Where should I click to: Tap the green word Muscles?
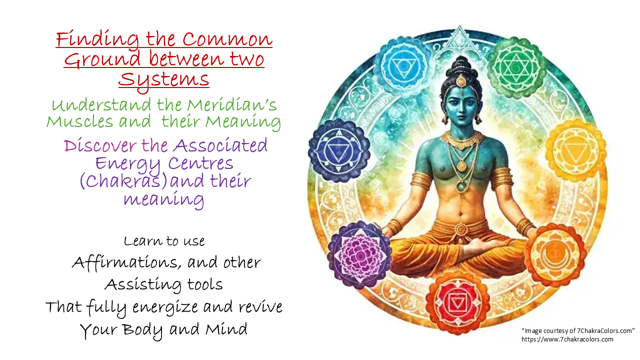click(x=79, y=121)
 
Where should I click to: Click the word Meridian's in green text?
click(x=231, y=104)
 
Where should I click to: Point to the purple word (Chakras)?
click(x=123, y=181)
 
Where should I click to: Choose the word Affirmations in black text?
click(x=126, y=262)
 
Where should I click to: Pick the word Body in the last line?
click(x=142, y=329)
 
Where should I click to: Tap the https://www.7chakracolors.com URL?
click(x=567, y=339)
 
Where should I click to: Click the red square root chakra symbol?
click(x=457, y=303)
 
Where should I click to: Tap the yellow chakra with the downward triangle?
click(x=575, y=151)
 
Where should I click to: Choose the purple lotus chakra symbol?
click(x=360, y=255)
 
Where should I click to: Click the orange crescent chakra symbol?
click(x=554, y=255)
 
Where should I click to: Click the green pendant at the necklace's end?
click(x=461, y=186)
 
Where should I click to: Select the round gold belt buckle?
click(x=460, y=229)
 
